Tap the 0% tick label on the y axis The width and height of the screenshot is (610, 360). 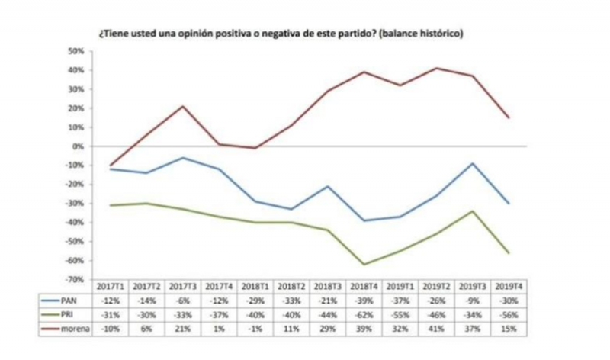click(77, 146)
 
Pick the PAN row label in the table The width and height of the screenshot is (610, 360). click(74, 303)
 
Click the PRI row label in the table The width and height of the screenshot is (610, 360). click(73, 315)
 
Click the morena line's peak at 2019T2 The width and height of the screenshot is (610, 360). click(436, 68)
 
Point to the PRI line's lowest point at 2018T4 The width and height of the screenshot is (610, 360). click(364, 265)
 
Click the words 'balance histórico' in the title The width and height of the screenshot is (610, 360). click(424, 35)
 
